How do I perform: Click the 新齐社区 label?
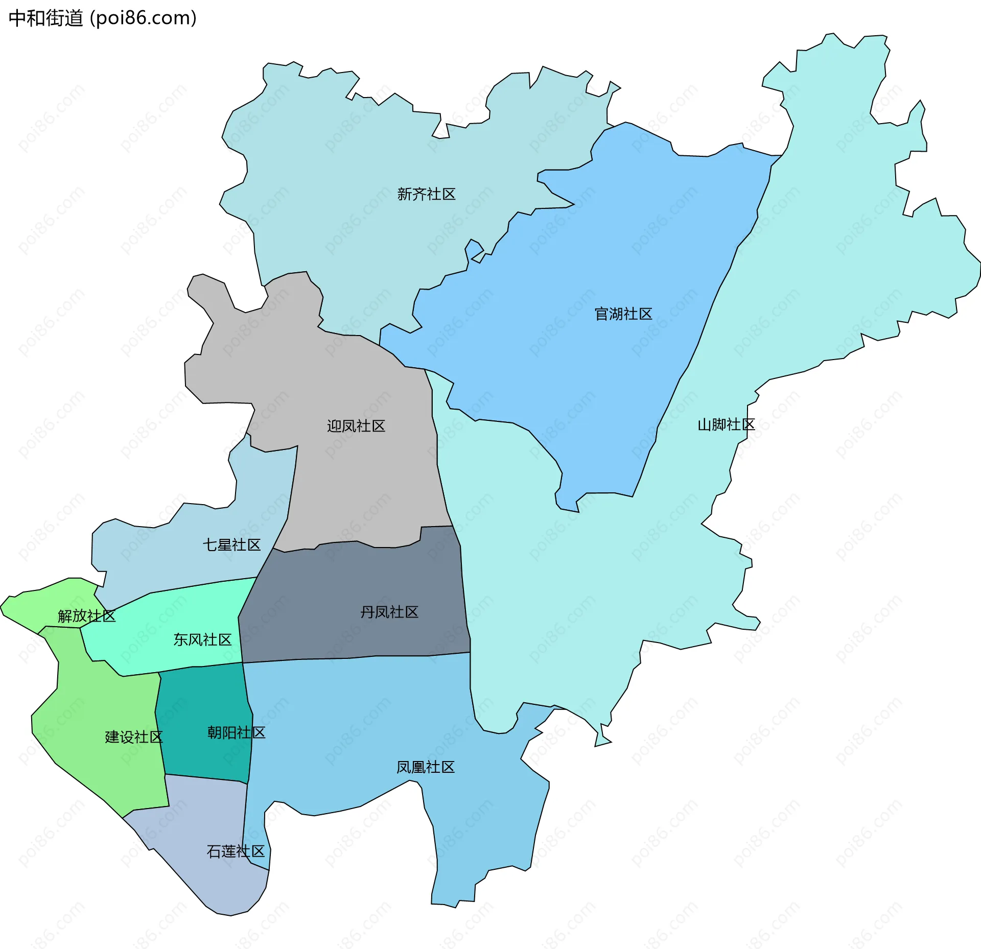(426, 194)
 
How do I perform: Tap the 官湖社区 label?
(623, 314)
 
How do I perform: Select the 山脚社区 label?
(726, 424)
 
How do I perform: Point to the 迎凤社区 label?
(356, 426)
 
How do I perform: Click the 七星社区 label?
(231, 545)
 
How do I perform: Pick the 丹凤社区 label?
(389, 612)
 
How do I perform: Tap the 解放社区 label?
(86, 616)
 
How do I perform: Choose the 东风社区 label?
(202, 639)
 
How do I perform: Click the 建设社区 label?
(133, 737)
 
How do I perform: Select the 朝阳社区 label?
(236, 732)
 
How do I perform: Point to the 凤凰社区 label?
(425, 767)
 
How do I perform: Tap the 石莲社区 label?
(235, 851)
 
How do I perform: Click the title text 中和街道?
(46, 18)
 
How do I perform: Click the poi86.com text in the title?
(143, 18)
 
